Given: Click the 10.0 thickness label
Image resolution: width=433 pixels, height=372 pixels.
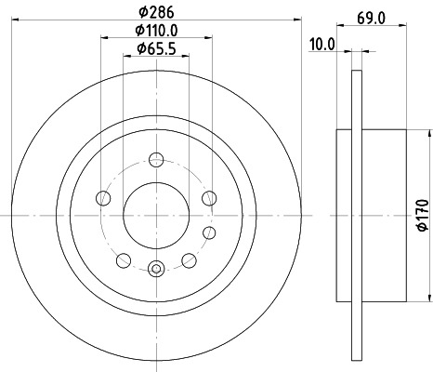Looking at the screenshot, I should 323,44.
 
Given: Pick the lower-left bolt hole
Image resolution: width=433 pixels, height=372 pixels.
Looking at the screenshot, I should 123,259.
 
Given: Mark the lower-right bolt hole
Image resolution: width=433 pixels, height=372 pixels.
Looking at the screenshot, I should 188,259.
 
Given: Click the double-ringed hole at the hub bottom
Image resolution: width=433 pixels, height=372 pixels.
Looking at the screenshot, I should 155,270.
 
